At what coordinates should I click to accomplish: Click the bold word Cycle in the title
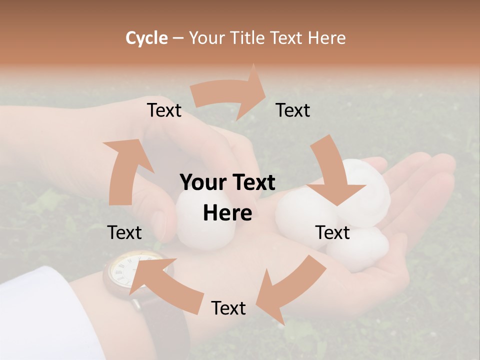(146, 37)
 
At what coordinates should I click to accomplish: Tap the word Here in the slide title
(326, 37)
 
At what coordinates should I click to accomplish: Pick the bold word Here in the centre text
(227, 213)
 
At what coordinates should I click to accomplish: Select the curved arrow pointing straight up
(122, 170)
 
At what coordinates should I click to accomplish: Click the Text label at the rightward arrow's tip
(293, 110)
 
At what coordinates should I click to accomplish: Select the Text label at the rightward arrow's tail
(164, 110)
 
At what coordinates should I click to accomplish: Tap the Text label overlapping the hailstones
(333, 232)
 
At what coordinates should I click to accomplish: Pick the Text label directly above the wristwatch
(124, 232)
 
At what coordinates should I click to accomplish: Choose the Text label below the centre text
(228, 308)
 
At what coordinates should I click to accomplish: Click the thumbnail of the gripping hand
(159, 220)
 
